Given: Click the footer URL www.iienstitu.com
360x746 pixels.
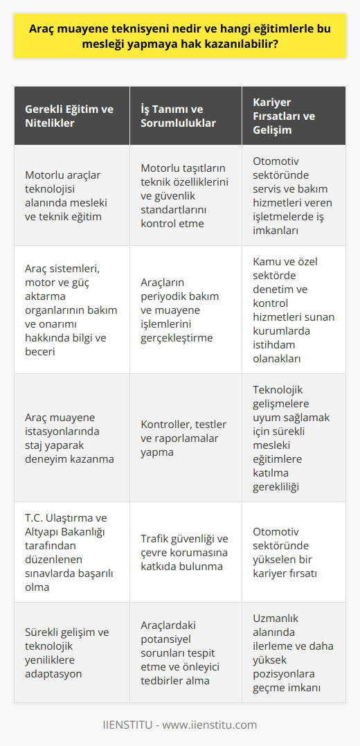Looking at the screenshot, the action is coord(215,725).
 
